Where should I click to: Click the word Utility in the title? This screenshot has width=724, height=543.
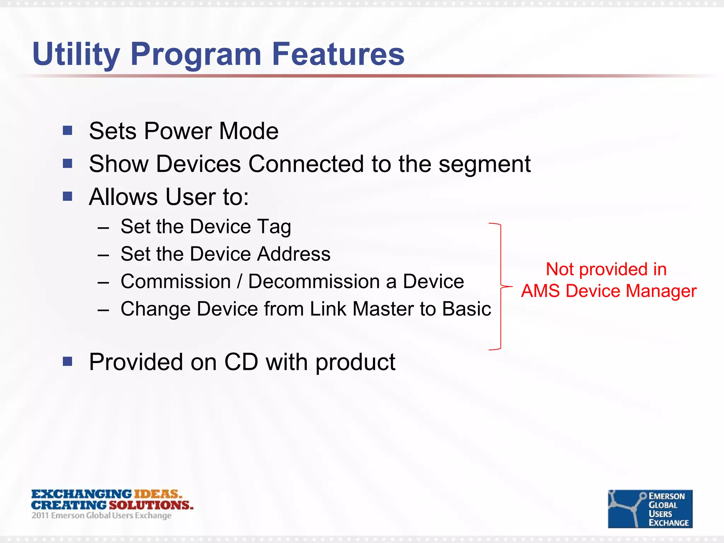pyautogui.click(x=76, y=55)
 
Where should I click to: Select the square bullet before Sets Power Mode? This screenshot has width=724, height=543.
pyautogui.click(x=68, y=131)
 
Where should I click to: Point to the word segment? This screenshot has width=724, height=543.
pyautogui.click(x=484, y=165)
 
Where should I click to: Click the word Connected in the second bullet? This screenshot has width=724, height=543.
pyautogui.click(x=306, y=164)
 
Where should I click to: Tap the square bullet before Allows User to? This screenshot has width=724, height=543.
pyautogui.click(x=68, y=196)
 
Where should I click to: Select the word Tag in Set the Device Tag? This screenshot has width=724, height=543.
pyautogui.click(x=274, y=227)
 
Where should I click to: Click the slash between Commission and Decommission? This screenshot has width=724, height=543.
pyautogui.click(x=240, y=282)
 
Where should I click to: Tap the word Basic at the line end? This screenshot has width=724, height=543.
pyautogui.click(x=467, y=309)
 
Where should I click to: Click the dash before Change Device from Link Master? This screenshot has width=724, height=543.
pyautogui.click(x=103, y=310)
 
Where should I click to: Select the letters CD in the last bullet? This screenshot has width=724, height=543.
pyautogui.click(x=241, y=362)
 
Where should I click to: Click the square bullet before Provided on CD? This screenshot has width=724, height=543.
pyautogui.click(x=68, y=361)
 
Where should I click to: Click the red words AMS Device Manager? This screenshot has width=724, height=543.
pyautogui.click(x=609, y=291)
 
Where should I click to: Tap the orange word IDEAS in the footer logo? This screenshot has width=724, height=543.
pyautogui.click(x=157, y=494)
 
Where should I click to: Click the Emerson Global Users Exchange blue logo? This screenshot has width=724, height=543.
pyautogui.click(x=650, y=509)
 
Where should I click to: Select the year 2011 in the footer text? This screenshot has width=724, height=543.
pyautogui.click(x=40, y=515)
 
